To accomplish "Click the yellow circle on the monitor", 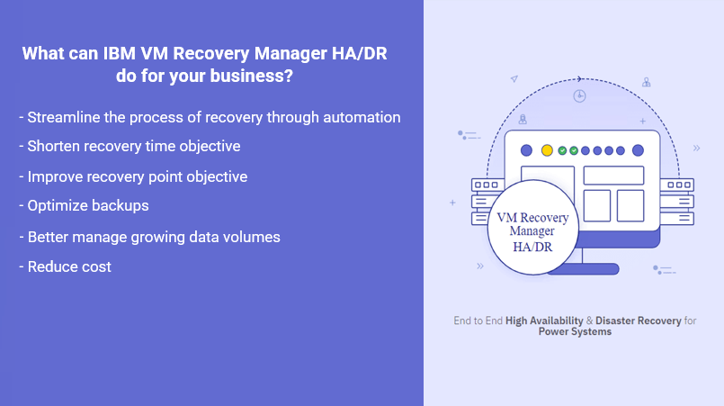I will point(546,150).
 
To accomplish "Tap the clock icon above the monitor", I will point(580,95).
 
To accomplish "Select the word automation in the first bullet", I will point(364,117).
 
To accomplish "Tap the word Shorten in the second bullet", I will point(56,146).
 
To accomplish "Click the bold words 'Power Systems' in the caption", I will point(575,331).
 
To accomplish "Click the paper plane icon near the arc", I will point(514,79).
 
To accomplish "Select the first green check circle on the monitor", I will point(562,150).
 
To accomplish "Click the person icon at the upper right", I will point(646,82).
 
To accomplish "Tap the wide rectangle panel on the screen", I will point(613,175).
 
